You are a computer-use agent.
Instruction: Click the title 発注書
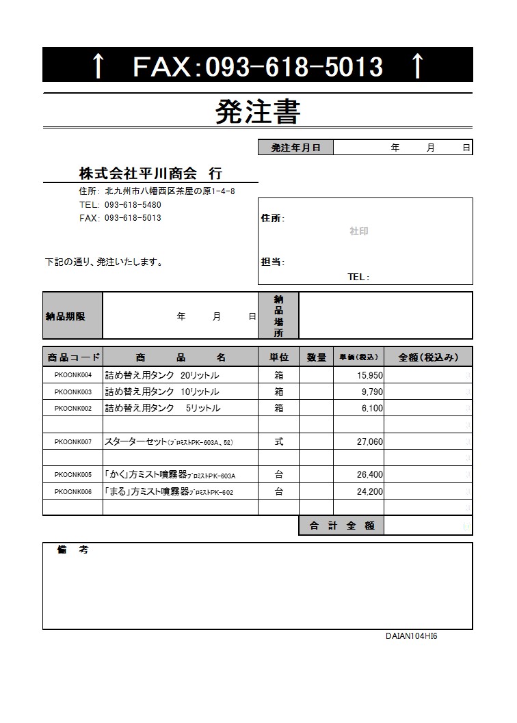point(258,111)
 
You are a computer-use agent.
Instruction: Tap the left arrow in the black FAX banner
point(98,66)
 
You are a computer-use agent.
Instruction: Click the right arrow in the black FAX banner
point(417,66)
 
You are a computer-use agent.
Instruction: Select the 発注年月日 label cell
point(295,148)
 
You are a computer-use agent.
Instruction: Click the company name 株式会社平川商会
point(137,172)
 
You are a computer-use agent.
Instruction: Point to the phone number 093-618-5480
point(133,204)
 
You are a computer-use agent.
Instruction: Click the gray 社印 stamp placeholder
point(358,232)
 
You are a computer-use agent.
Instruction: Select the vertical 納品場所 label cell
point(278,316)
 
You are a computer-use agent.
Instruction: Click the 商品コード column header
point(72,357)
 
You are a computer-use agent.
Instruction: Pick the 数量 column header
point(316,357)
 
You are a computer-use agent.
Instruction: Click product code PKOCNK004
point(72,375)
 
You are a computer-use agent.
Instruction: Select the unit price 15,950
point(370,375)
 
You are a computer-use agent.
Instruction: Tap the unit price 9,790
point(372,392)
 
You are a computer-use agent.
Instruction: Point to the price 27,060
point(370,442)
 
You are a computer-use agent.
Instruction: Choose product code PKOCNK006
point(72,491)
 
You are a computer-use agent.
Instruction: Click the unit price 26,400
point(370,475)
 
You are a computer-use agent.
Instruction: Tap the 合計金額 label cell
point(341,526)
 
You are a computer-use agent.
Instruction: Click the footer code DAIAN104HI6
point(411,636)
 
